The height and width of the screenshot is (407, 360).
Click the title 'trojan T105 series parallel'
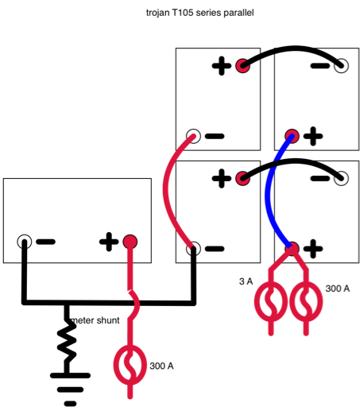click(200, 13)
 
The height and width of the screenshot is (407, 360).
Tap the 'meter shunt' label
click(95, 320)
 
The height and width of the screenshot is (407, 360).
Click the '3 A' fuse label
click(246, 281)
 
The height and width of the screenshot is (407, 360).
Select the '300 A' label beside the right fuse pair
click(338, 289)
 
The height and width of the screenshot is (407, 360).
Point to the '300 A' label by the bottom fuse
click(161, 366)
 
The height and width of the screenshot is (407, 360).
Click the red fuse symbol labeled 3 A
click(271, 301)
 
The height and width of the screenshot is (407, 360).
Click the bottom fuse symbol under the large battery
click(130, 365)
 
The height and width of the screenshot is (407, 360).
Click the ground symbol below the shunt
click(70, 389)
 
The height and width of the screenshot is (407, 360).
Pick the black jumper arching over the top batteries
click(293, 48)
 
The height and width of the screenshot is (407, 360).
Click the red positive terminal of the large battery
click(130, 242)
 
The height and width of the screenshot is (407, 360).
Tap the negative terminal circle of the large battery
click(25, 242)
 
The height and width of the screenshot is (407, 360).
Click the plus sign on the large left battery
click(109, 242)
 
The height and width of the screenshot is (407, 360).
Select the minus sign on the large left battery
click(45, 242)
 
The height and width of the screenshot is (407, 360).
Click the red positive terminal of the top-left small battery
click(243, 65)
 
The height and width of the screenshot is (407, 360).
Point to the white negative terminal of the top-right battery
click(341, 65)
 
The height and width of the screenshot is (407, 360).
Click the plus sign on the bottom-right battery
click(313, 249)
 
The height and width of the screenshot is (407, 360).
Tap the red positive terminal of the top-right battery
click(292, 136)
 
